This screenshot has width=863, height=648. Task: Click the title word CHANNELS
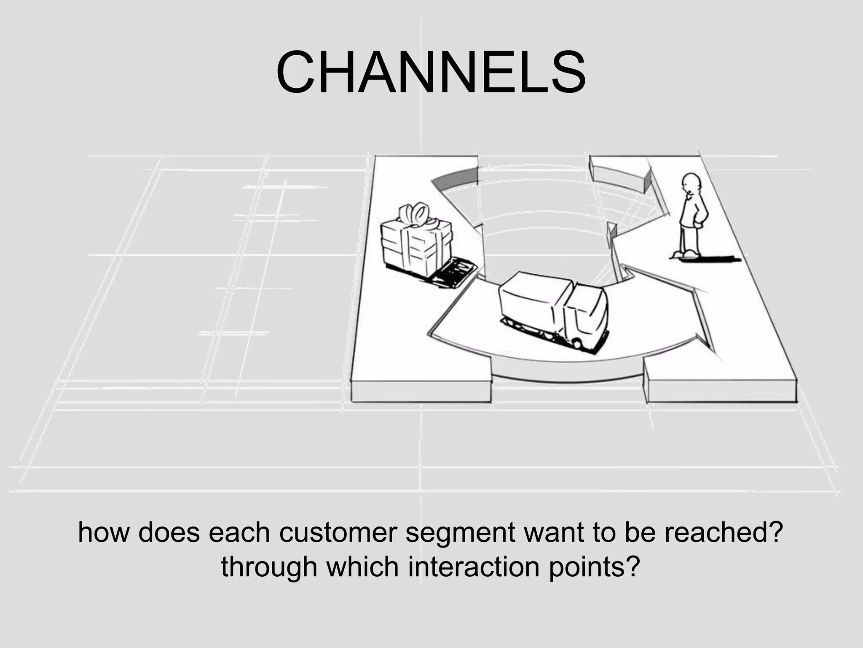(431, 72)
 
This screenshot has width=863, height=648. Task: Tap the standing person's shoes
(686, 254)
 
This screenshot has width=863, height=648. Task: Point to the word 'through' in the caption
(269, 567)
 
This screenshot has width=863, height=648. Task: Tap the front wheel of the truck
(576, 344)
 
